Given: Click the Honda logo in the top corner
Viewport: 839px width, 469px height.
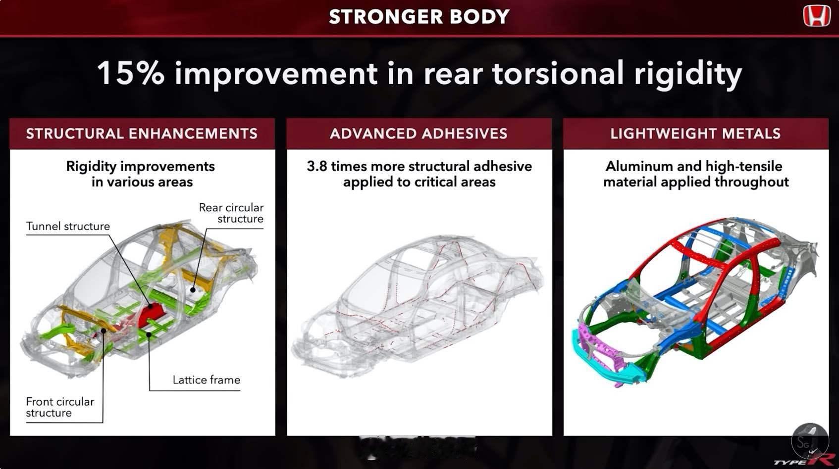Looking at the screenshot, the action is (817, 16).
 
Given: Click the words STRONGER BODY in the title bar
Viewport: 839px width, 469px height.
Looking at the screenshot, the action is (419, 17).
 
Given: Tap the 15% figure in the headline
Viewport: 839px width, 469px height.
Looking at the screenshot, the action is (131, 73).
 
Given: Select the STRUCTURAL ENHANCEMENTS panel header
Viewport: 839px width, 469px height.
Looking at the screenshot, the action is (142, 134).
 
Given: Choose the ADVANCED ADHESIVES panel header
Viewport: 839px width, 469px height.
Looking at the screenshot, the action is (419, 134).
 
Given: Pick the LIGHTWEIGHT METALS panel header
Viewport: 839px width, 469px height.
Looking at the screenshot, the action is (695, 134).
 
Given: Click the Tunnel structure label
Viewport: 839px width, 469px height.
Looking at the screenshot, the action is (68, 226).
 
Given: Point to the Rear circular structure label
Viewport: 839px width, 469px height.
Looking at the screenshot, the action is (231, 213).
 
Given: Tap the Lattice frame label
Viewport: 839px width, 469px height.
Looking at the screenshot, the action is (207, 380).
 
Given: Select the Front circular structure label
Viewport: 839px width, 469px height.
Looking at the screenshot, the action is (60, 407).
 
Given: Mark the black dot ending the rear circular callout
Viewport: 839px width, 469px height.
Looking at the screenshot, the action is (193, 289).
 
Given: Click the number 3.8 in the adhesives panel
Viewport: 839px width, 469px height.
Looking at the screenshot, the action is (317, 166).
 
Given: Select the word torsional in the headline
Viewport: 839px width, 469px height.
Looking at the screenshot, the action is (558, 73).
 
